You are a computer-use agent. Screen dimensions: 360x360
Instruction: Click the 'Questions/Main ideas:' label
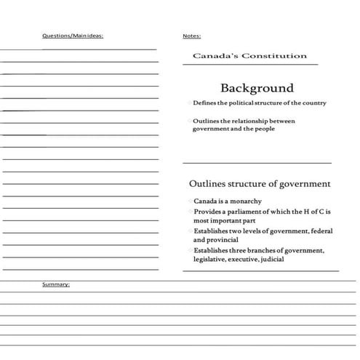click(73, 35)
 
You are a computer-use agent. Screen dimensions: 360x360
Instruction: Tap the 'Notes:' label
click(192, 35)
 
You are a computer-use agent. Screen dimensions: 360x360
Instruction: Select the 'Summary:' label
click(56, 284)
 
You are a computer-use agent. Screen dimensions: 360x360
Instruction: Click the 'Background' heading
click(257, 88)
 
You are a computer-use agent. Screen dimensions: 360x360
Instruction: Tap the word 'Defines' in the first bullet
click(205, 103)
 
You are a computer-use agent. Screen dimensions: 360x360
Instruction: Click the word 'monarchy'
click(245, 201)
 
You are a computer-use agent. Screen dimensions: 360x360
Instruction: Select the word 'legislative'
click(211, 259)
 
